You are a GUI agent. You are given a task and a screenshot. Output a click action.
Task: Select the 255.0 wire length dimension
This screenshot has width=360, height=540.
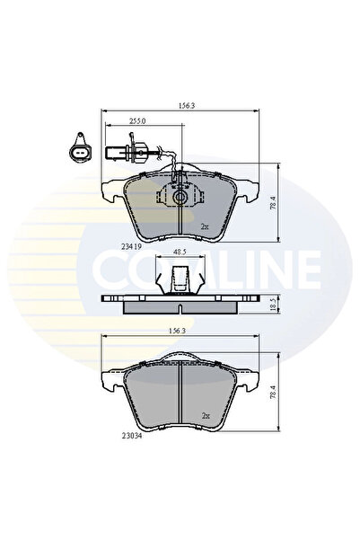[x=137, y=120]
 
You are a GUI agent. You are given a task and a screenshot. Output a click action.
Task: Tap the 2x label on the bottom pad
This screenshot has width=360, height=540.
[x=205, y=415]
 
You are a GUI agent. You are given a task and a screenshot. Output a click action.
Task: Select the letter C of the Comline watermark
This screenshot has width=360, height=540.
[x=113, y=266]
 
